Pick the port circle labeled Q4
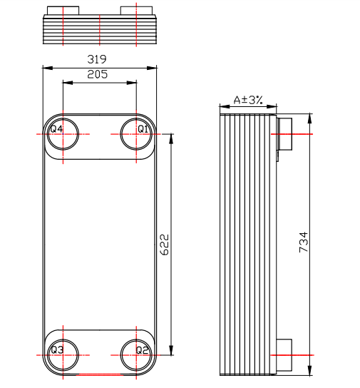[x=63, y=133]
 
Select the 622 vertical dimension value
[x=163, y=244]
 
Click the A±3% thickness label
[x=249, y=101]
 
